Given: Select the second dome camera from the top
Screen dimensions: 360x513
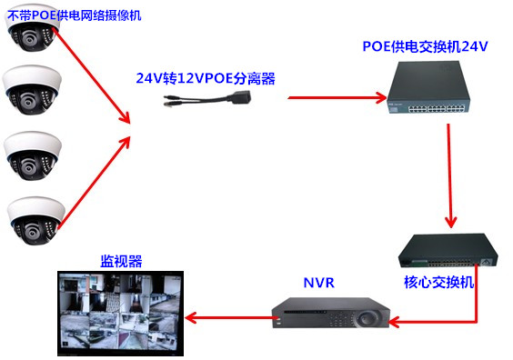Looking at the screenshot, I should pos(33,89).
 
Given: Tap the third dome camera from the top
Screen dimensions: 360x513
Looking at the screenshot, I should pos(33,154).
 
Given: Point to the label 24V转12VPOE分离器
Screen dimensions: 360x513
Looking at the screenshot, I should pos(205,78).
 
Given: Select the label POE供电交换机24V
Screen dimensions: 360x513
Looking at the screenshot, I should pos(426,45).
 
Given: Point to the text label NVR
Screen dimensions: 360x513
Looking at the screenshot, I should pos(319,283).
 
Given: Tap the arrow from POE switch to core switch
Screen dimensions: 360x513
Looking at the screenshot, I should pos(449,177).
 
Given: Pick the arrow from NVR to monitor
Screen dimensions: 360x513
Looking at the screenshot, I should pos(227,318).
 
